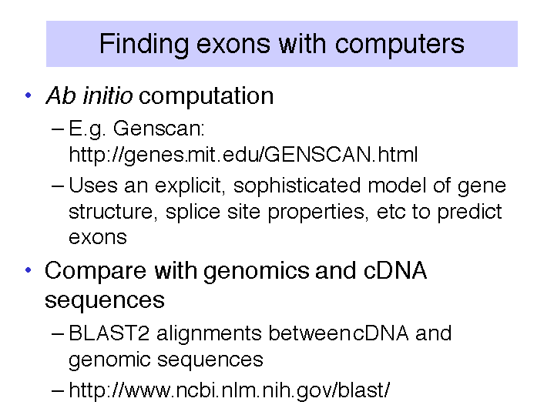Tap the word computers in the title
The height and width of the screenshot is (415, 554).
pyautogui.click(x=400, y=45)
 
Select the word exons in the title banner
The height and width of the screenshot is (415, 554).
pyautogui.click(x=233, y=45)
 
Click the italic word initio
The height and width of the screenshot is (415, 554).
pyautogui.click(x=108, y=95)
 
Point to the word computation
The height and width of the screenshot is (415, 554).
pyautogui.click(x=206, y=96)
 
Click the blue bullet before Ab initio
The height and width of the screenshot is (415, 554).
pyautogui.click(x=29, y=95)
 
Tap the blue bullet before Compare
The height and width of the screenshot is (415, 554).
pyautogui.click(x=29, y=270)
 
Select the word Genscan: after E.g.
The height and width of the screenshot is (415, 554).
pyautogui.click(x=159, y=129)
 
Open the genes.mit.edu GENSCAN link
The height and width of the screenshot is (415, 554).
pyautogui.click(x=243, y=154)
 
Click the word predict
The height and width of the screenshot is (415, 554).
pyautogui.click(x=469, y=212)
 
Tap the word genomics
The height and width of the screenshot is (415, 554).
pyautogui.click(x=256, y=272)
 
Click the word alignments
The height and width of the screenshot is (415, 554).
pyautogui.click(x=209, y=333)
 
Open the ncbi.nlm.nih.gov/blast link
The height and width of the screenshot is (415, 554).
pyautogui.click(x=230, y=390)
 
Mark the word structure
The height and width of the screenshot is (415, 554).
pyautogui.click(x=111, y=212)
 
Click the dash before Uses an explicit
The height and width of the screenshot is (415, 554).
pyautogui.click(x=58, y=186)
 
